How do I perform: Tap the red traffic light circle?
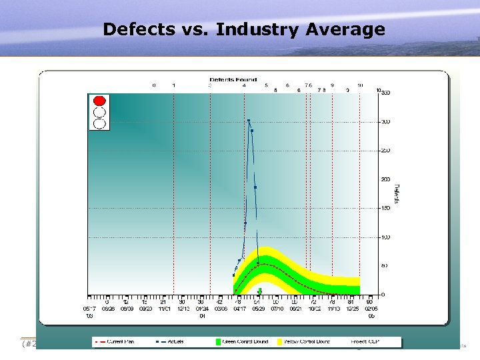tap(99, 101)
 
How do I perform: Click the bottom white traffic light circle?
tap(99, 123)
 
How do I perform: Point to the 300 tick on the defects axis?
tap(385, 122)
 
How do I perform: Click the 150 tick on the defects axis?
tap(385, 209)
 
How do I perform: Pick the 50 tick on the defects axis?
tap(385, 266)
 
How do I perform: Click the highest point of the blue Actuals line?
tap(249, 121)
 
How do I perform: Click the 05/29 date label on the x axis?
tap(257, 309)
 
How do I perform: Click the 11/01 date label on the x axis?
tap(164, 309)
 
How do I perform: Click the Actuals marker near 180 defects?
tap(255, 187)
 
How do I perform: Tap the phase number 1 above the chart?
tap(174, 85)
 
